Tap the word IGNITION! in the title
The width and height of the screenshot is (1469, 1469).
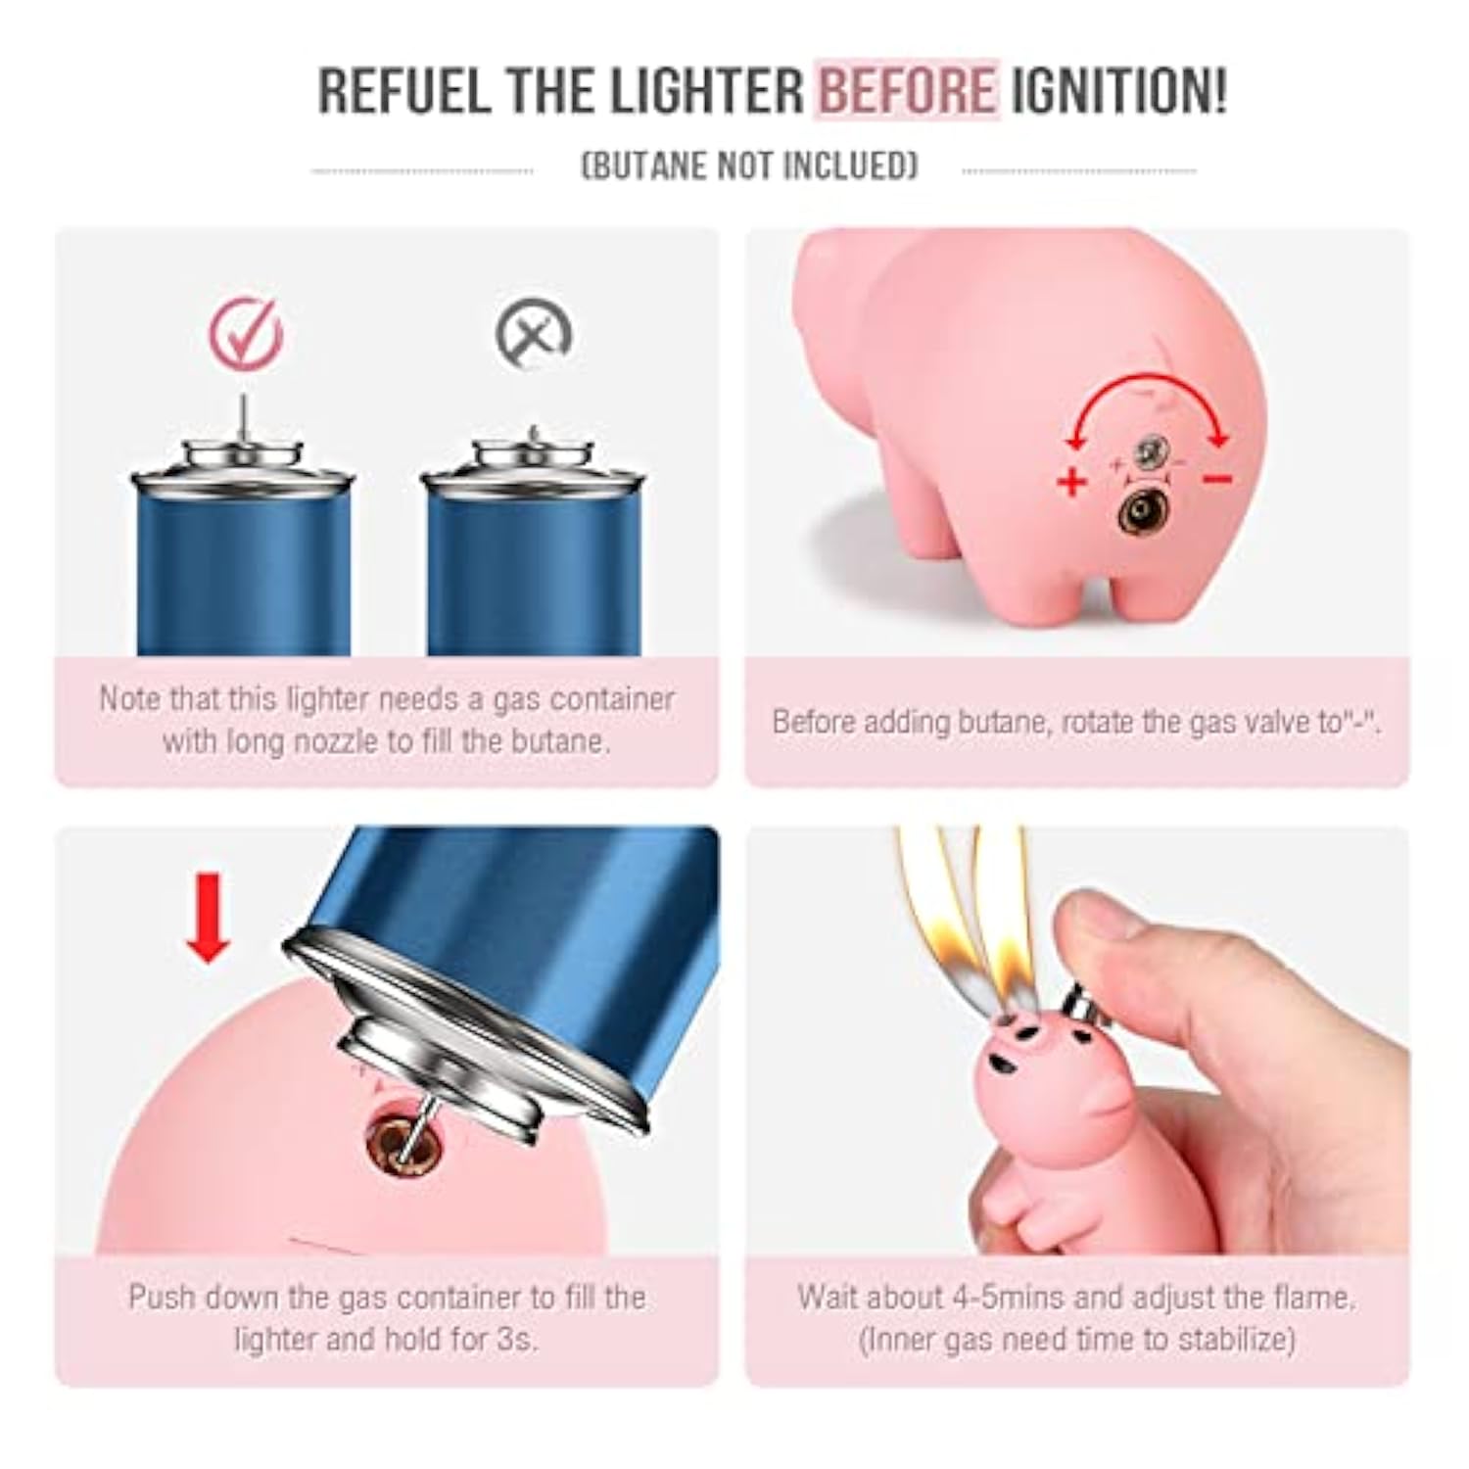click(x=1118, y=91)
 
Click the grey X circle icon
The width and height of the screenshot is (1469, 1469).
click(x=534, y=334)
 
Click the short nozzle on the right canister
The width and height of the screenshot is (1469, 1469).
click(x=534, y=435)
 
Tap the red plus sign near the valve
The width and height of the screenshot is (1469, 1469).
click(x=1073, y=481)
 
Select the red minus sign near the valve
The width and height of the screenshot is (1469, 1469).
click(x=1217, y=479)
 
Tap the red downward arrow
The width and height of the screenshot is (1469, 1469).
click(x=208, y=918)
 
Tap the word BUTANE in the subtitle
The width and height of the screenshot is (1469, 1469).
click(x=645, y=166)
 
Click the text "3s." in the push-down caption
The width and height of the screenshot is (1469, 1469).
click(x=513, y=1339)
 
